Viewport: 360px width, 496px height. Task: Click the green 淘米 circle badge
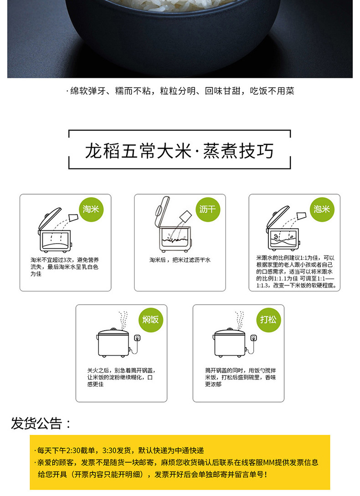click(91, 209)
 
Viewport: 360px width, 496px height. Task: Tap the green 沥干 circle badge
click(207, 209)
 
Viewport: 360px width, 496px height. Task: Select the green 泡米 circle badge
click(322, 209)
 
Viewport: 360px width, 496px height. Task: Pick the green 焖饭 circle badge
click(150, 319)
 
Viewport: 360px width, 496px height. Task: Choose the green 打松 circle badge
click(268, 319)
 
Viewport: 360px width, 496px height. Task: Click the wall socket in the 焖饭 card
click(137, 338)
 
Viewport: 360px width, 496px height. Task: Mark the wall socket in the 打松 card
click(254, 338)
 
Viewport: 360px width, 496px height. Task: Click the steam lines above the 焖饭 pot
click(123, 320)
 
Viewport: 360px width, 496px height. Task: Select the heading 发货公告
click(41, 424)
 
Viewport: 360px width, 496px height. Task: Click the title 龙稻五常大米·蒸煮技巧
click(179, 151)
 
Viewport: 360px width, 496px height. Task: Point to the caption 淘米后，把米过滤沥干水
click(180, 260)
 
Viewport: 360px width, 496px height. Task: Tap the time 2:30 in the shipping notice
click(74, 450)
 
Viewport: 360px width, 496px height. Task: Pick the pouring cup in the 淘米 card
click(73, 217)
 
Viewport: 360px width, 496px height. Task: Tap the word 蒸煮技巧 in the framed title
click(238, 151)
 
